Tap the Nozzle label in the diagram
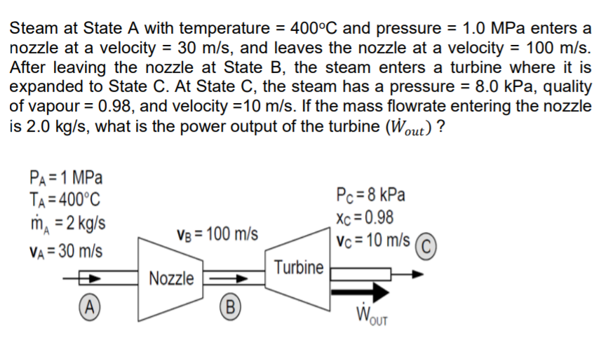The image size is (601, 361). pyautogui.click(x=172, y=278)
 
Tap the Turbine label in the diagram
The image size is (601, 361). pyautogui.click(x=299, y=267)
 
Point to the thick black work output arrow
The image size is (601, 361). pyautogui.click(x=360, y=290)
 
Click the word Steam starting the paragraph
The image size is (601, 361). pyautogui.click(x=33, y=28)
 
